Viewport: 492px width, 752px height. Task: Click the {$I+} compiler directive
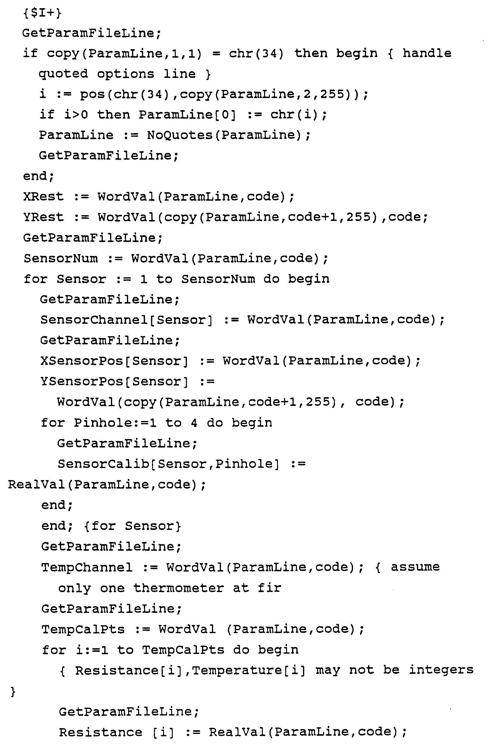coord(42,13)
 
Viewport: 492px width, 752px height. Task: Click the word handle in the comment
coord(427,53)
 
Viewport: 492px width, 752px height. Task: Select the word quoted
coord(63,74)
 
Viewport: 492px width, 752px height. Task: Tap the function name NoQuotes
coord(180,135)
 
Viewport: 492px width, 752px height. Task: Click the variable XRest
coord(43,196)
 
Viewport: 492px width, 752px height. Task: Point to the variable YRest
coord(43,217)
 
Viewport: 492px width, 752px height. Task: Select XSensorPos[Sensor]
coord(114,361)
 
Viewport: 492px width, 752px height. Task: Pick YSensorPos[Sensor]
coord(114,381)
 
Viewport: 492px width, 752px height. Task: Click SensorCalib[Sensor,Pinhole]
coord(169,464)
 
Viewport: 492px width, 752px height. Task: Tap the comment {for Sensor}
coord(133,526)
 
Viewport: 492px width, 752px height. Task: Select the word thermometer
coord(178,588)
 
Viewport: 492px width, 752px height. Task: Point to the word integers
coord(441,670)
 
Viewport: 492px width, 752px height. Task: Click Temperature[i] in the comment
coord(249,670)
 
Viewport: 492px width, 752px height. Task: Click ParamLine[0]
coord(187,115)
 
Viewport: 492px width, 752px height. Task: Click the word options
coord(126,74)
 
